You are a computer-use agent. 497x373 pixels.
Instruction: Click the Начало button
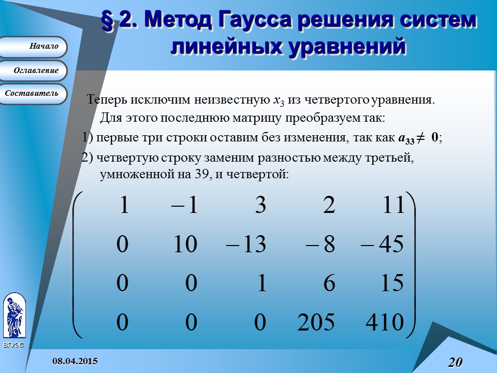click(x=33, y=47)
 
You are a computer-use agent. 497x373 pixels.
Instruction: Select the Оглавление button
click(x=33, y=70)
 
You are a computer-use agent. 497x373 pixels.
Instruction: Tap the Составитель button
click(x=33, y=94)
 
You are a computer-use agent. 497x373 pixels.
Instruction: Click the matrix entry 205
click(x=316, y=323)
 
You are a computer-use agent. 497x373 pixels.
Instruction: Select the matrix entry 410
click(x=384, y=323)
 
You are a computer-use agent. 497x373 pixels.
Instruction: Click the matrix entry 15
click(x=391, y=284)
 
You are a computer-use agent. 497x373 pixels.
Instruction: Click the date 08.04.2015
click(x=75, y=361)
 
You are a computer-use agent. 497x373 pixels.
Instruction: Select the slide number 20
click(x=455, y=362)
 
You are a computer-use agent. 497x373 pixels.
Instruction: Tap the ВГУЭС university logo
click(x=13, y=316)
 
